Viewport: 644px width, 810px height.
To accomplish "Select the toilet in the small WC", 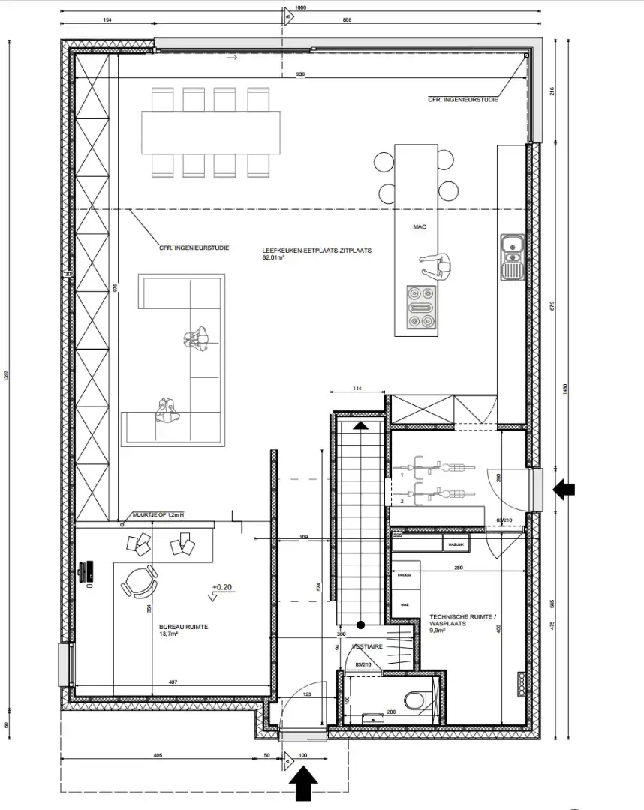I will click(x=415, y=702).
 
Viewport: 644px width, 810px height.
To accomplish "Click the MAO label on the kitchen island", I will click(x=420, y=226).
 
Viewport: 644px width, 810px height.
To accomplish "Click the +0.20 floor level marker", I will click(x=222, y=587).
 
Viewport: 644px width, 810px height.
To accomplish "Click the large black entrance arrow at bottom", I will click(x=302, y=785).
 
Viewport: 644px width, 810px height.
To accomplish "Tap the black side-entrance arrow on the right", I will click(x=564, y=490).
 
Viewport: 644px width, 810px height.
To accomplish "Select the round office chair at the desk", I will click(x=138, y=581).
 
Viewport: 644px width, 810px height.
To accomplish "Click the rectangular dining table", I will click(x=211, y=132).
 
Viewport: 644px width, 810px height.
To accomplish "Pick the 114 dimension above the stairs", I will click(x=358, y=388).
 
